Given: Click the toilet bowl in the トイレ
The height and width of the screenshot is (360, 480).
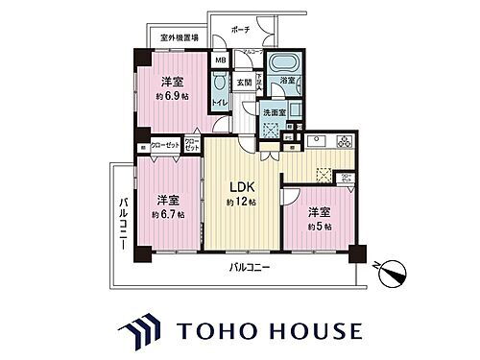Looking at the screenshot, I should (220, 107).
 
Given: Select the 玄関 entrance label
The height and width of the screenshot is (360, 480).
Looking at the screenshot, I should (245, 83).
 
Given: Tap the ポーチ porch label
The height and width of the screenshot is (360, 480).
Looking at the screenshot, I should (254, 29).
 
